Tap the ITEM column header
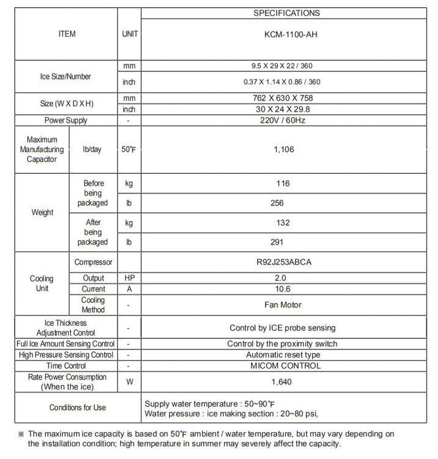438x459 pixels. [67, 33]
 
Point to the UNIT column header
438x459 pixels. [130, 33]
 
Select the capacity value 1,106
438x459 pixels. [283, 150]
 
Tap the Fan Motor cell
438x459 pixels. [283, 304]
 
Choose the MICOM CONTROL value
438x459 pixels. [283, 365]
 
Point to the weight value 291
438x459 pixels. [277, 241]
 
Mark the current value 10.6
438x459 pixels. [283, 289]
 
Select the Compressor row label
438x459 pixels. [93, 262]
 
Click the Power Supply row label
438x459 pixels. [66, 121]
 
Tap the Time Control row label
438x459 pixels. [66, 365]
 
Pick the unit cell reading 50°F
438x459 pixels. [129, 150]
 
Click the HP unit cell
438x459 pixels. [129, 278]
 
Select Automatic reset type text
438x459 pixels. [283, 355]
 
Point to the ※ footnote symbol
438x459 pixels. [21, 434]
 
